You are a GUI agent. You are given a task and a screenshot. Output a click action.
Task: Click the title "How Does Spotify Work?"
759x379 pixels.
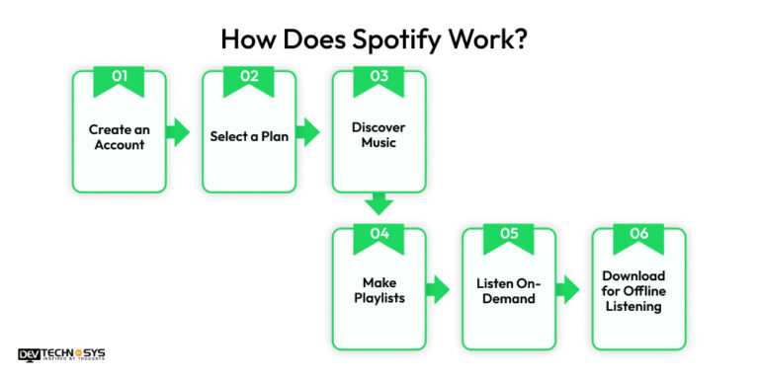[x=379, y=40]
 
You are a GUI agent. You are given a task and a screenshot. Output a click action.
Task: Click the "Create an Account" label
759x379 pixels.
[x=119, y=136]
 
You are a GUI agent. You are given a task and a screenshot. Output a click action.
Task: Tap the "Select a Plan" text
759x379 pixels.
[x=249, y=136]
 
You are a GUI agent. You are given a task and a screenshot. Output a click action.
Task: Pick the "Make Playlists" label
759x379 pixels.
[x=379, y=290]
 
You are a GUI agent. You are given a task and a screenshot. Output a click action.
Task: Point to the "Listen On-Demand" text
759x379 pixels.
[x=509, y=290]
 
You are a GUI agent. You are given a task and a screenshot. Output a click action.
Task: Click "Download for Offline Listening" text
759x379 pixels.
[x=638, y=290]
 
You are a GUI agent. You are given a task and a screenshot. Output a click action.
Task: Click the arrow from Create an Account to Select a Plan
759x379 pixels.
[x=179, y=132]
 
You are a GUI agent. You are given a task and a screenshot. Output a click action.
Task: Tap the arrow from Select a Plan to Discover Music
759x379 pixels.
[x=308, y=132]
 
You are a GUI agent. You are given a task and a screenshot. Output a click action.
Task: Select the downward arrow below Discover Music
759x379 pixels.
[x=379, y=204]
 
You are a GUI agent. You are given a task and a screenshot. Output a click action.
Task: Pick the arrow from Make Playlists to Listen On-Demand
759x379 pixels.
[x=438, y=289]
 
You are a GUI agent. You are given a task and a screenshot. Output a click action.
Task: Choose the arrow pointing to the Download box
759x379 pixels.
[x=567, y=289]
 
